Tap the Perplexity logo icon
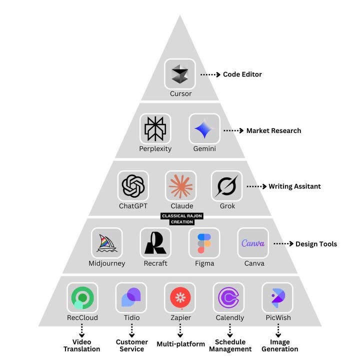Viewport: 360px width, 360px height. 155,129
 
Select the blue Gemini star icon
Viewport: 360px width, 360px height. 204,129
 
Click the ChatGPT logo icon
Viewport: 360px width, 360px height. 133,186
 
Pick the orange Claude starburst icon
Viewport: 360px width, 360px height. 180,186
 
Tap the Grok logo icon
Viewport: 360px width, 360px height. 226,186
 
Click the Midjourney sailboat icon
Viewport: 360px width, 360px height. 107,243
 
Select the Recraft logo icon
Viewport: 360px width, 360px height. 155,243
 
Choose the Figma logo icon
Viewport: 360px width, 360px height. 204,243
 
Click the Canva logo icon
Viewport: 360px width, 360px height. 253,243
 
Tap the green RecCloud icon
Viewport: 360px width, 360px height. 82,298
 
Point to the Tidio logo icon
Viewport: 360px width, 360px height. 131,298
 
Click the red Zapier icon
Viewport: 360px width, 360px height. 180,298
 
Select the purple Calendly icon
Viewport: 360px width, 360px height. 229,298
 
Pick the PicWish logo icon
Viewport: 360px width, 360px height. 277,298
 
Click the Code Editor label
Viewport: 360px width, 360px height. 242,74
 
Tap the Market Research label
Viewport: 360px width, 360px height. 273,130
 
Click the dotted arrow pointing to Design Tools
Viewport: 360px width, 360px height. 283,244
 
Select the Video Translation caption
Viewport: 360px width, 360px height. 82,345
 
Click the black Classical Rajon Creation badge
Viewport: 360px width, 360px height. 181,219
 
